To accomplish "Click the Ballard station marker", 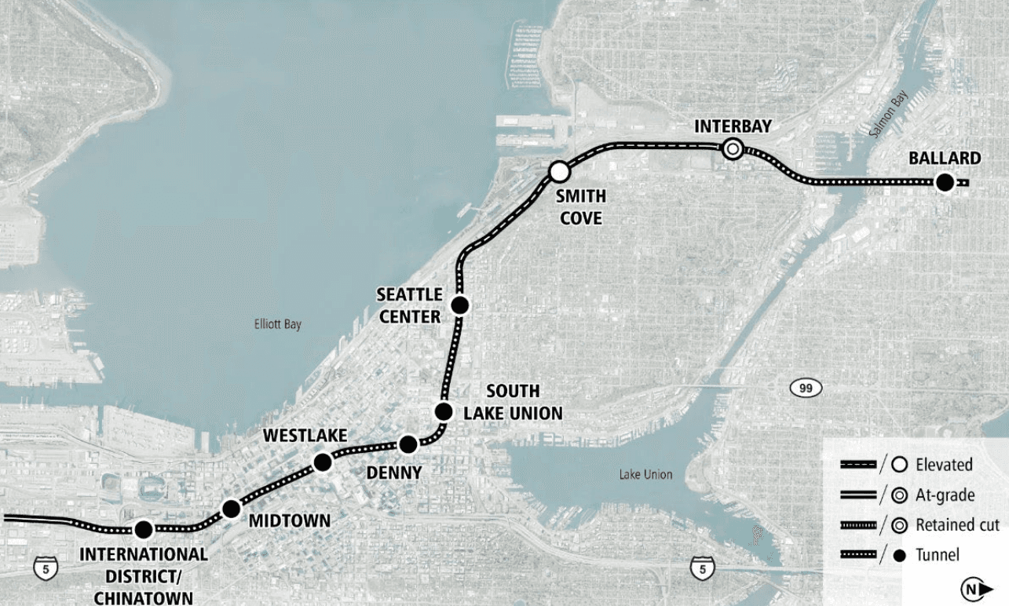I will click(945, 183).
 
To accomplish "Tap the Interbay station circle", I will click(733, 148).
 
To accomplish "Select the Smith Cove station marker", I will click(559, 170).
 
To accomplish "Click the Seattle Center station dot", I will click(460, 305).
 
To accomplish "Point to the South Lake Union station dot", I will click(444, 411).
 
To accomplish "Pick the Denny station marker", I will click(408, 445).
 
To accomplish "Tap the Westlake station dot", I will click(323, 462).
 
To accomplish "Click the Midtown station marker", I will click(231, 509).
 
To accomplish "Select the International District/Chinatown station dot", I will click(144, 529).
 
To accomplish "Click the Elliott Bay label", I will click(277, 324).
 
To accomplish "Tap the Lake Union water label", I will click(645, 474).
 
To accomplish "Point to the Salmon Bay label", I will click(889, 114).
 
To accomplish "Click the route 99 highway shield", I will click(806, 387).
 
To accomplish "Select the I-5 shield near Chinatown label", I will click(45, 567).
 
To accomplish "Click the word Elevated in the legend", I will click(944, 465).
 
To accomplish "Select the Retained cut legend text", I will click(957, 525).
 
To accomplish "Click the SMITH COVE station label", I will click(581, 207).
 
